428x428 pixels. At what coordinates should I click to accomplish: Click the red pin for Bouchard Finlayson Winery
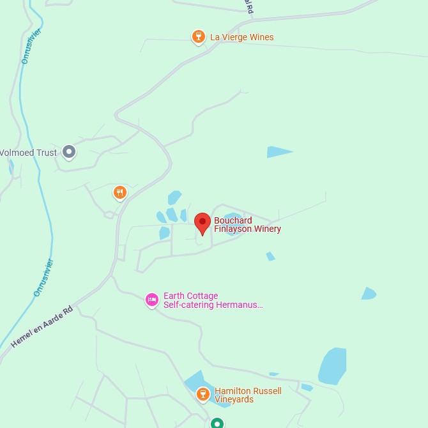click(x=203, y=223)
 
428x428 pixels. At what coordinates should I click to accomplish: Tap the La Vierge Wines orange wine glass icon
click(x=199, y=36)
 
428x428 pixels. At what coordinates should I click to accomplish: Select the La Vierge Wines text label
click(x=241, y=37)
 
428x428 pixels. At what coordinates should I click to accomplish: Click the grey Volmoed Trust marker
click(x=69, y=152)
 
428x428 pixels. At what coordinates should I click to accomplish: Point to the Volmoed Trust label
click(x=29, y=153)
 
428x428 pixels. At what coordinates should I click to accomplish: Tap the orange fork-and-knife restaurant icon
click(x=119, y=192)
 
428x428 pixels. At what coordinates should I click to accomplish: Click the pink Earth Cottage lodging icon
click(x=151, y=299)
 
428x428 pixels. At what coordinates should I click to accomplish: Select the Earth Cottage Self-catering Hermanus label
click(x=213, y=300)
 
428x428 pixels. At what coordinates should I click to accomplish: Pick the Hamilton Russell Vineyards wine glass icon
click(x=203, y=394)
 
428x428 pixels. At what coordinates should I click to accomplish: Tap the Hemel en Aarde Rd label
click(x=42, y=326)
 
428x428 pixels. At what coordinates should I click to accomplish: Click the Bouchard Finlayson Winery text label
click(x=247, y=225)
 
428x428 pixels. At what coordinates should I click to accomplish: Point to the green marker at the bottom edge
click(x=217, y=423)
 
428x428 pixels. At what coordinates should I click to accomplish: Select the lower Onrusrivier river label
click(x=43, y=277)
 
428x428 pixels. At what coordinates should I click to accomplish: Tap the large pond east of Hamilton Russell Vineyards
click(x=333, y=366)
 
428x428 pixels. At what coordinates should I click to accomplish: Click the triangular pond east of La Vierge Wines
click(x=278, y=152)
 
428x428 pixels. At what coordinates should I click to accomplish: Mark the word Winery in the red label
click(x=267, y=229)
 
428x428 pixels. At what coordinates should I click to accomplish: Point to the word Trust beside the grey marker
click(x=46, y=153)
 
